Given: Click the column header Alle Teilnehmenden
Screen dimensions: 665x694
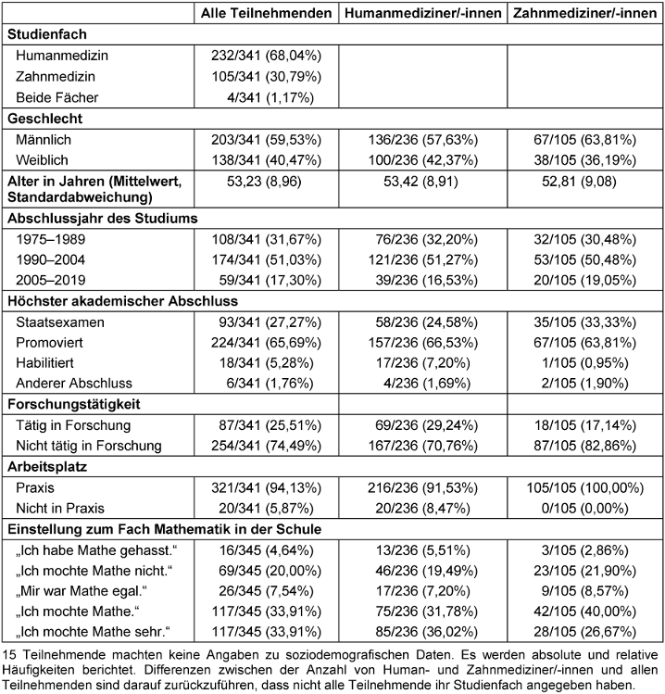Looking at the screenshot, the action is [267, 13].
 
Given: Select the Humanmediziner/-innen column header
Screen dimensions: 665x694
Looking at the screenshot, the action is [423, 13].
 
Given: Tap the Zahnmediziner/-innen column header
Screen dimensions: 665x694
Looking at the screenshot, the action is [585, 13].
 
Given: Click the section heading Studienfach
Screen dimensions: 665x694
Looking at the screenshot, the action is [47, 34].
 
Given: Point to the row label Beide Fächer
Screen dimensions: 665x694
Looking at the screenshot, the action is [57, 97].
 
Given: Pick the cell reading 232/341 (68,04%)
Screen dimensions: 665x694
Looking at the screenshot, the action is [267, 56].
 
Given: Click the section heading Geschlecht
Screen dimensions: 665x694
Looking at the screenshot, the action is [45, 119].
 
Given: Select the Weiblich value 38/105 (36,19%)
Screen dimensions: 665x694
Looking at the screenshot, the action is [585, 159].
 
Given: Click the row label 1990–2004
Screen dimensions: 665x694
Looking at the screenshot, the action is [50, 259].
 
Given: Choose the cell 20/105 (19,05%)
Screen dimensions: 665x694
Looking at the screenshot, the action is [585, 280].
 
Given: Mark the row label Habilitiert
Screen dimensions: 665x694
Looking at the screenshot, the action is [44, 363].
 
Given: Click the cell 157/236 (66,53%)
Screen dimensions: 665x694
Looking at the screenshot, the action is [423, 343].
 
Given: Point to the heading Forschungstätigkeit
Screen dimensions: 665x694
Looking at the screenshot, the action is [74, 404].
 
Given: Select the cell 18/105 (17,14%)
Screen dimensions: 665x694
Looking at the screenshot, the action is [585, 425].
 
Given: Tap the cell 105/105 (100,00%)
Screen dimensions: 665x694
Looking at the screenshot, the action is [585, 487].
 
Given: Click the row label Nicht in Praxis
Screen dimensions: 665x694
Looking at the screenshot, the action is [60, 508].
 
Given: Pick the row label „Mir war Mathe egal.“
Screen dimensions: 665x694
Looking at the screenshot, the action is [82, 591].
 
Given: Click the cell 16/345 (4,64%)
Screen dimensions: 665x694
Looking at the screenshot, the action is [267, 550].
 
